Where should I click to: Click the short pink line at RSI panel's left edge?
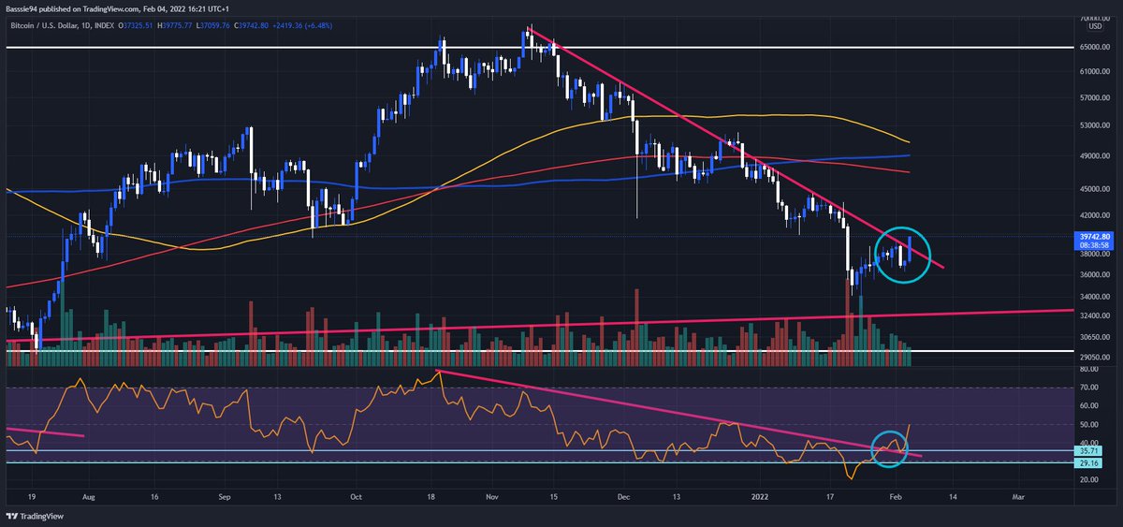pos(45,432)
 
